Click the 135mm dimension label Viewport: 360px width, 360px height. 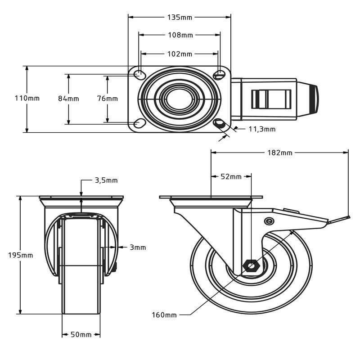click(x=180, y=17)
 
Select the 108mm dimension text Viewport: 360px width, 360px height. click(x=180, y=35)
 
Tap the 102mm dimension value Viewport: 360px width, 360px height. click(x=180, y=54)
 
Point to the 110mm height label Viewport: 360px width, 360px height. click(x=27, y=98)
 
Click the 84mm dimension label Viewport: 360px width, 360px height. click(x=68, y=98)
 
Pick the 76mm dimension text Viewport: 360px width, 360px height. click(x=108, y=98)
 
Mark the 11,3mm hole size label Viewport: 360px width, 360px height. click(x=262, y=129)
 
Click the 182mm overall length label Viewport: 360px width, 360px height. click(x=280, y=153)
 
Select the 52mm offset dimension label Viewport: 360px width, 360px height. click(x=231, y=176)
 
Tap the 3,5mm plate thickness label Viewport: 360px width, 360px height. click(x=106, y=180)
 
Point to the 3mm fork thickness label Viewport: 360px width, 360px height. click(x=137, y=247)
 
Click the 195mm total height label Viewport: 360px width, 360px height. click(x=21, y=255)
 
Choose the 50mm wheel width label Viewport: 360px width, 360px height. click(x=81, y=334)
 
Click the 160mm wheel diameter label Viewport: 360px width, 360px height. click(x=164, y=315)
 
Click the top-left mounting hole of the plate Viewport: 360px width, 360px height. click(x=140, y=74)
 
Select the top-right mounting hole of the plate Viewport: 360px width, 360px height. click(x=220, y=74)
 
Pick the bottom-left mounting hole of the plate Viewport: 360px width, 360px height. click(x=140, y=123)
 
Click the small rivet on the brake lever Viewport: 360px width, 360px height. click(x=269, y=220)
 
